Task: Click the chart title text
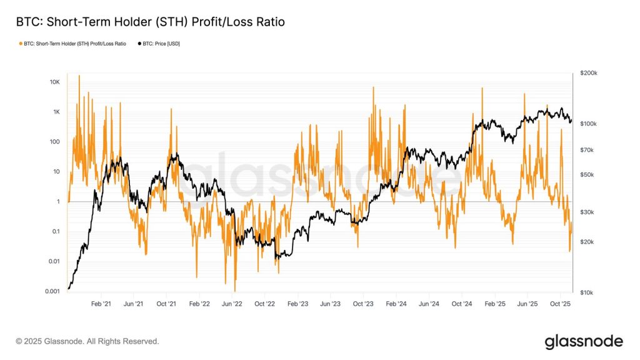[150, 22]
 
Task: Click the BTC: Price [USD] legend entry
[159, 43]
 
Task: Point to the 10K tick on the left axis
[54, 82]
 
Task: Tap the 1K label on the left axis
[55, 112]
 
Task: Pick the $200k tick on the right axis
[589, 73]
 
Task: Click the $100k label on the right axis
[589, 124]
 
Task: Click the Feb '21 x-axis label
[101, 304]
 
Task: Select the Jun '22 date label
[232, 304]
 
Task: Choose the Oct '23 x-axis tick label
[363, 304]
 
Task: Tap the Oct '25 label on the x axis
[560, 304]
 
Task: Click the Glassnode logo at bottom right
[583, 341]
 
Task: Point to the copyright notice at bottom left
[87, 341]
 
